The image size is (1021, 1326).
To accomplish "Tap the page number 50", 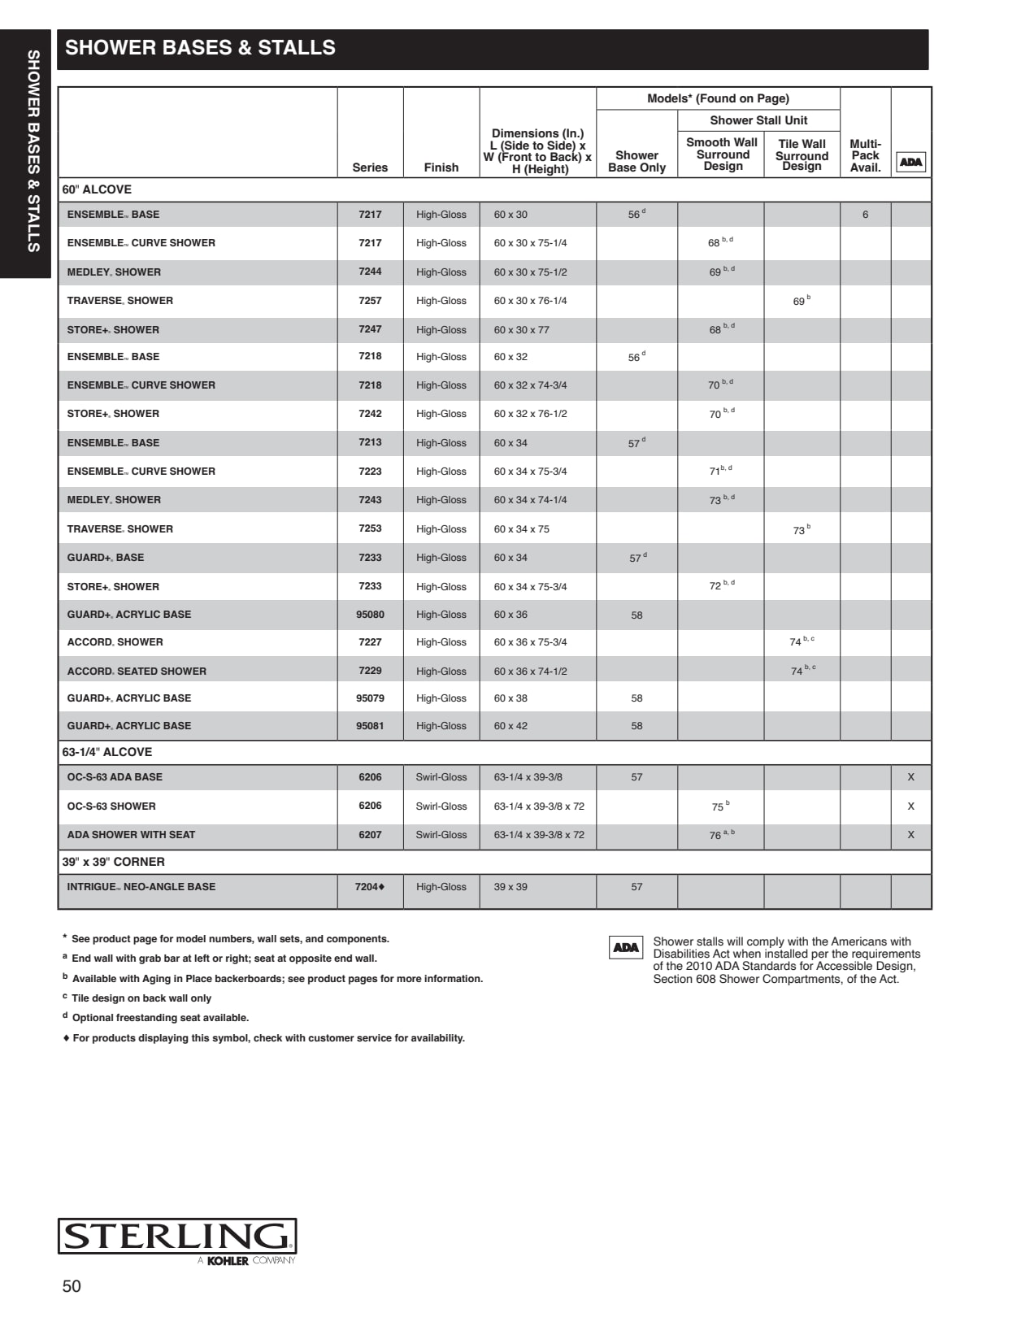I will pyautogui.click(x=72, y=1286).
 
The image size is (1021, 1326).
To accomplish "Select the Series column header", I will pyautogui.click(x=370, y=167).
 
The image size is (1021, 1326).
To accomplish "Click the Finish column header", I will pyautogui.click(x=441, y=167).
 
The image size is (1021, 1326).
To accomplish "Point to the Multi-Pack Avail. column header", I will pyautogui.click(x=865, y=155).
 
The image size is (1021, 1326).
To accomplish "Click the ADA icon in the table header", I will pyautogui.click(x=910, y=162).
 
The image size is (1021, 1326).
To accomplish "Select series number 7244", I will pyautogui.click(x=370, y=272).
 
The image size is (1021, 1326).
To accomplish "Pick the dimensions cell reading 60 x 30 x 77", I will pyautogui.click(x=521, y=329).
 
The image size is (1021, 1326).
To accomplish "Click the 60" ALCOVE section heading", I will pyautogui.click(x=97, y=189).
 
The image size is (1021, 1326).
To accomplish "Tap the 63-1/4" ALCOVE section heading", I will pyautogui.click(x=107, y=752).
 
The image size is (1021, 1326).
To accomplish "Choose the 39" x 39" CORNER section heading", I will pyautogui.click(x=114, y=862).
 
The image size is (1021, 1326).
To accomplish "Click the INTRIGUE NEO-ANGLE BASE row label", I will pyautogui.click(x=141, y=887).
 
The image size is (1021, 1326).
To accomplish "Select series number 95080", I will pyautogui.click(x=370, y=615).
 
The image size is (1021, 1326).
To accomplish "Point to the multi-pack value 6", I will pyautogui.click(x=865, y=215).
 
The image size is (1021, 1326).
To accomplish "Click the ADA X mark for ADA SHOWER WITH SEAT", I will pyautogui.click(x=910, y=835).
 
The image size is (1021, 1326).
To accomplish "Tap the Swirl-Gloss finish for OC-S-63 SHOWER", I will pyautogui.click(x=441, y=806).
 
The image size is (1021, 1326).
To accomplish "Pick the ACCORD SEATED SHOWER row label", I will pyautogui.click(x=137, y=672).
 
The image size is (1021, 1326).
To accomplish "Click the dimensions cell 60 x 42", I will pyautogui.click(x=510, y=726).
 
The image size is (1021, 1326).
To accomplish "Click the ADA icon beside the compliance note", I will pyautogui.click(x=626, y=947).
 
